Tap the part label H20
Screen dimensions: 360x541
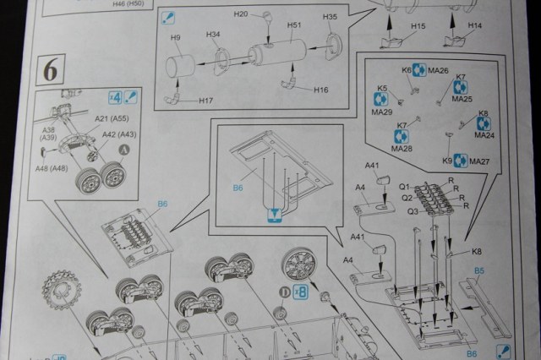coord(239,15)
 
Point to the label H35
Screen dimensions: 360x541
coord(330,17)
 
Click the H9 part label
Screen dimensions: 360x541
coord(176,38)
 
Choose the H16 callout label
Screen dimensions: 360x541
coord(320,90)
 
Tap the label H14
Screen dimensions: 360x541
coord(474,26)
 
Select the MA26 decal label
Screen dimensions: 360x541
coord(438,70)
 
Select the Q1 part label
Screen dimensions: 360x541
coord(403,187)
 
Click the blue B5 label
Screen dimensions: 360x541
coord(480,270)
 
